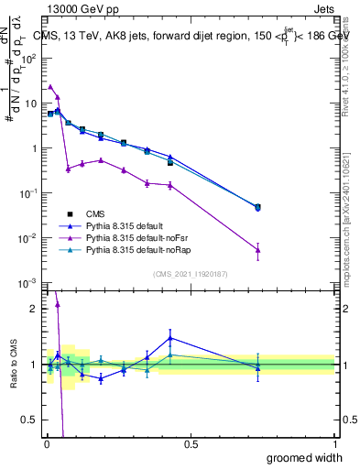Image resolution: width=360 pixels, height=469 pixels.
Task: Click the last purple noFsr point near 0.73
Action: pos(257,249)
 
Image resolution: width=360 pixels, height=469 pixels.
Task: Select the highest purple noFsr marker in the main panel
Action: pos(50,86)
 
